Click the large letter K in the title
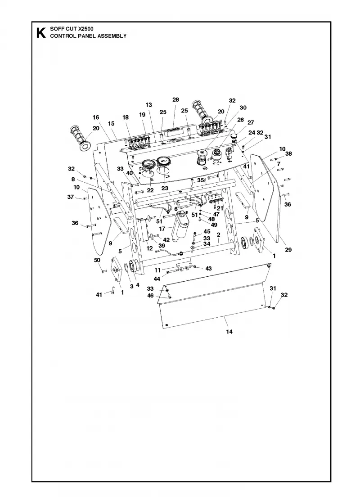coord(41,33)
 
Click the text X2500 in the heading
coord(86,29)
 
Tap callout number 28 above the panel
coord(175,99)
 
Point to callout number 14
coord(229,331)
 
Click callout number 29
coord(288,249)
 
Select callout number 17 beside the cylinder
coord(162,229)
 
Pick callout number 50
coord(97,260)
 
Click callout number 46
coord(150,295)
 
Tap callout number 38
coord(288,153)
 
